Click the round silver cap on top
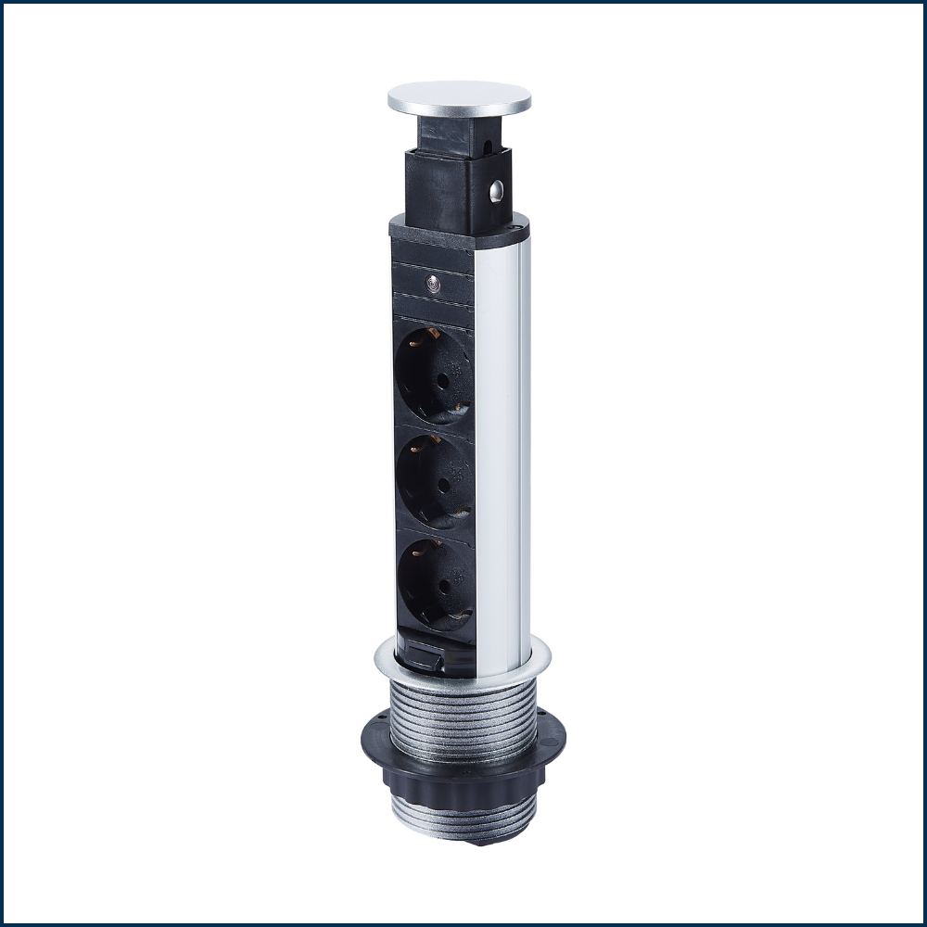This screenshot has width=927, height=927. tap(459, 96)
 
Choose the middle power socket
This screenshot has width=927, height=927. tap(434, 476)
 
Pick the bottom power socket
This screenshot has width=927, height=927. tap(435, 581)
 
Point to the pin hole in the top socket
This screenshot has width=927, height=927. tap(442, 380)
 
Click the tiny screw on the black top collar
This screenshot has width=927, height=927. tap(514, 225)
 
